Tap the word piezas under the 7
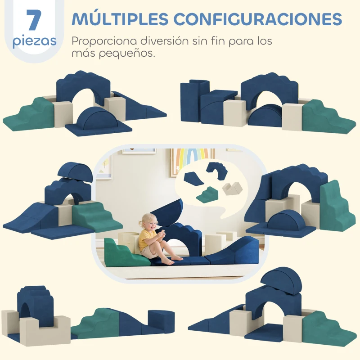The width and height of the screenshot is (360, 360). click(x=35, y=42)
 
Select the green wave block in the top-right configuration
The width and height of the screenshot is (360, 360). click(x=323, y=117)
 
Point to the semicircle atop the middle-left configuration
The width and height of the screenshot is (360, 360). click(x=75, y=171)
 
